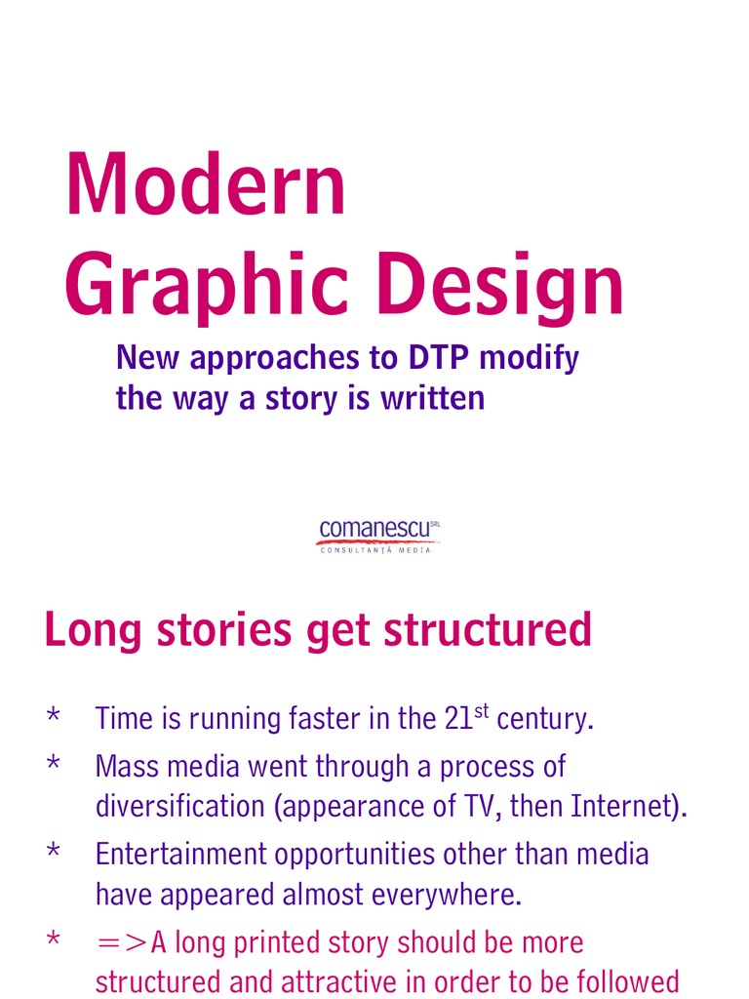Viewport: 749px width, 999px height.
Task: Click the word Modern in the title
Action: (x=206, y=185)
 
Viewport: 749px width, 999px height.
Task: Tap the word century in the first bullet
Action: (x=544, y=720)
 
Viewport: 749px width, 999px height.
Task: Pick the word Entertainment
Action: (x=181, y=855)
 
